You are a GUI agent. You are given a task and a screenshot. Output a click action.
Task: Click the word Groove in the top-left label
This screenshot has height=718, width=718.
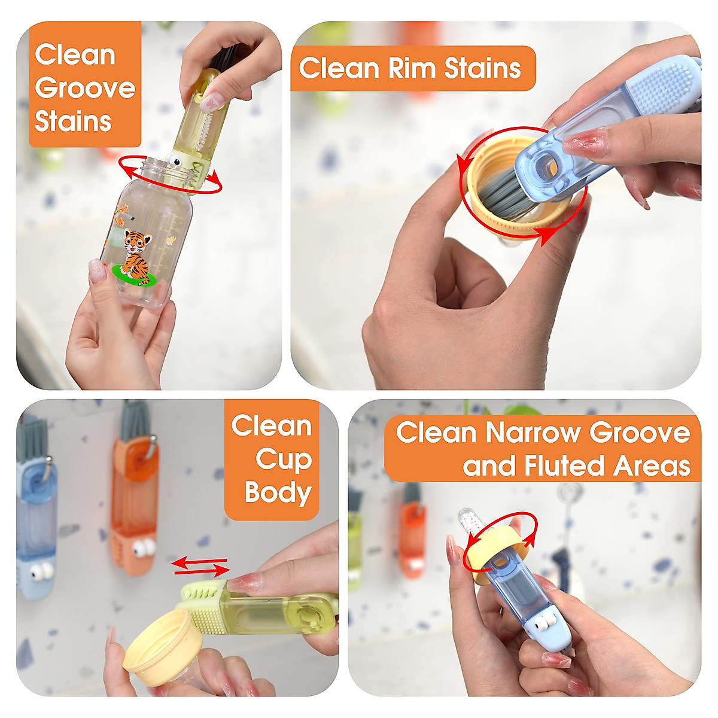tap(85, 89)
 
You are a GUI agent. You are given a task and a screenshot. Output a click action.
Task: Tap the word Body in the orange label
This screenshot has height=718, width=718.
tap(278, 492)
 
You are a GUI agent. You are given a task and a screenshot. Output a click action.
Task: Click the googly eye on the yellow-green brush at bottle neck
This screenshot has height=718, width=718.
tap(175, 160)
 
